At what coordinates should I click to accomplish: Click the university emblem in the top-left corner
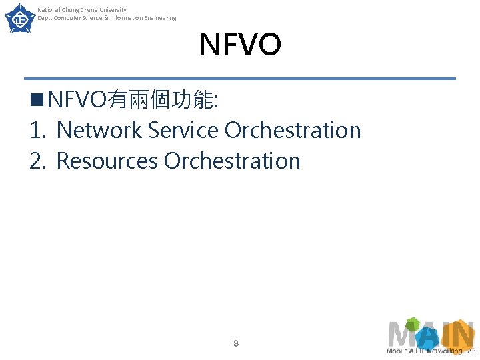pos(20,18)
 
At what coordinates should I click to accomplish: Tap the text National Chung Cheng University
pos(82,10)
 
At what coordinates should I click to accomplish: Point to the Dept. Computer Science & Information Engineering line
pos(107,18)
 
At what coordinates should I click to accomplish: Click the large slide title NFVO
pos(240,45)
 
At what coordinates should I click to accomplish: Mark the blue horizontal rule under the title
pos(240,79)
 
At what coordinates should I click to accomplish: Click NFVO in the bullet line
pos(77,101)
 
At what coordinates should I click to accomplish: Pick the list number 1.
pos(36,131)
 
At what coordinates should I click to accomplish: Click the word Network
pos(99,131)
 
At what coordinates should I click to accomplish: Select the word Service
pos(183,131)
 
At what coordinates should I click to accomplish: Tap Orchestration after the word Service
pos(293,131)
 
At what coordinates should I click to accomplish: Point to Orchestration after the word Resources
pos(232,161)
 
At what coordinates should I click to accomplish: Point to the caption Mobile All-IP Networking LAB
pos(431,351)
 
